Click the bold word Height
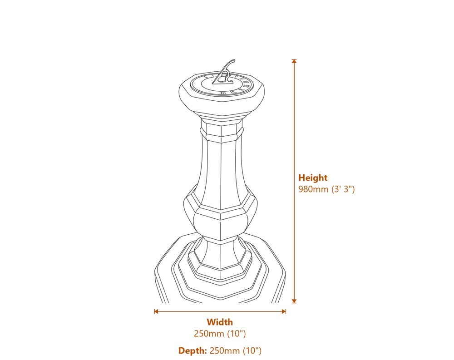click(x=312, y=178)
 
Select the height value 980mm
click(x=313, y=189)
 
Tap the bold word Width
click(x=220, y=322)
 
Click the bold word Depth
click(x=192, y=350)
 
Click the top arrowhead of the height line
click(x=294, y=61)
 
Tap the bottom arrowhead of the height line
click(x=294, y=301)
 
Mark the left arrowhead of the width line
click(x=156, y=311)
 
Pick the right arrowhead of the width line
click(x=284, y=311)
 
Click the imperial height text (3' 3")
click(x=343, y=189)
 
